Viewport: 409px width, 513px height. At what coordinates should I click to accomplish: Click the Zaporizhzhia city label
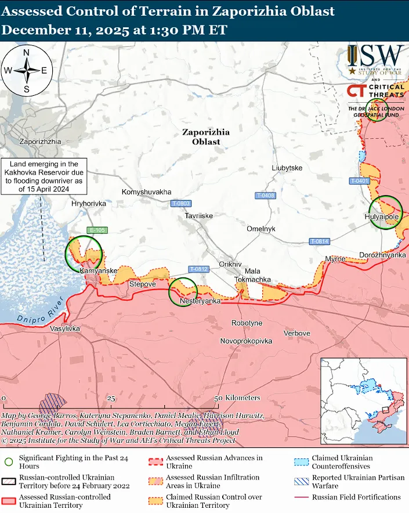click(40, 142)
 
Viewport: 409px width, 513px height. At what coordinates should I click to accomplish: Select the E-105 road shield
click(96, 230)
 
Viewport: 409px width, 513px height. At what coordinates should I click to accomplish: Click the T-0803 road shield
click(181, 203)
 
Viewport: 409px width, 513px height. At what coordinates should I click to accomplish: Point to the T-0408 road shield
click(265, 196)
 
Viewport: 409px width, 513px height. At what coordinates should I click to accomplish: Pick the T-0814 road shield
click(319, 241)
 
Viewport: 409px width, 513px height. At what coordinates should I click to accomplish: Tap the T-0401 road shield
click(359, 181)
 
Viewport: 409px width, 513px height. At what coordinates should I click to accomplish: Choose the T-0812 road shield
click(198, 269)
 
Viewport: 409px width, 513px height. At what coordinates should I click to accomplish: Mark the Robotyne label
click(247, 323)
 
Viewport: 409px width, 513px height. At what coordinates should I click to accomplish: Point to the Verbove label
click(296, 334)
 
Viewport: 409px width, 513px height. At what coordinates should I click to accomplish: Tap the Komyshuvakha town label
click(147, 192)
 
